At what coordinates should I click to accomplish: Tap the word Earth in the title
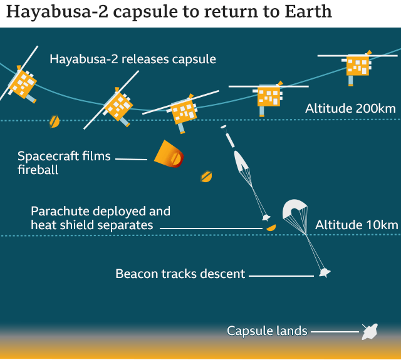point(308,12)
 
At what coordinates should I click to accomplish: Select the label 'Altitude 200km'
point(350,108)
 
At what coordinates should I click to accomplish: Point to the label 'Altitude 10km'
point(357,225)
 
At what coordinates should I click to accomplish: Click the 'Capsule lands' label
point(267,331)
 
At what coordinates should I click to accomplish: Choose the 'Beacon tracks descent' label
point(180,274)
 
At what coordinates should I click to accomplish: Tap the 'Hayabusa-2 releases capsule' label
point(133,59)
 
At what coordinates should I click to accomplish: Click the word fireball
point(38,170)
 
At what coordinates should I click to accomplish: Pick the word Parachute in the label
point(60,212)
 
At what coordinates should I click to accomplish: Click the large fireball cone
point(169,154)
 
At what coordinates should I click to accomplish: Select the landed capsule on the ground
point(370,332)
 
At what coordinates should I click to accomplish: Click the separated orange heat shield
point(271,227)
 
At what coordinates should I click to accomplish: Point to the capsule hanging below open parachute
point(325,272)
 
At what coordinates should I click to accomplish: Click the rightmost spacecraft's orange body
point(358,66)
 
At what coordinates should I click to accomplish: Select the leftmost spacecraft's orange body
point(23,84)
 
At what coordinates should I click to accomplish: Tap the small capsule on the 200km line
point(55,121)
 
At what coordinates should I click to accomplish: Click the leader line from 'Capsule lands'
point(335,332)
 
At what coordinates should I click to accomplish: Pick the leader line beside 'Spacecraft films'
point(131,159)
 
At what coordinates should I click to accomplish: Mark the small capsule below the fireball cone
point(206,177)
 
